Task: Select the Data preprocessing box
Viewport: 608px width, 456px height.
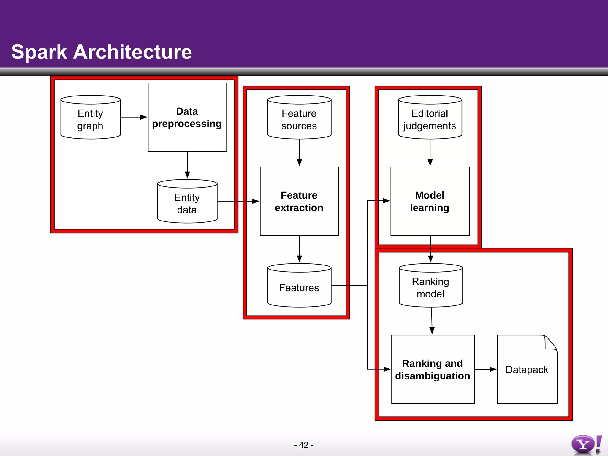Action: pyautogui.click(x=187, y=117)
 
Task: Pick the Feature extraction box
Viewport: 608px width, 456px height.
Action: pyautogui.click(x=299, y=201)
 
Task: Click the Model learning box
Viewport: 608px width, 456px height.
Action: pyautogui.click(x=430, y=201)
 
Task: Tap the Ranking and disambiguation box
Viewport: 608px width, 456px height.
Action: pyautogui.click(x=433, y=369)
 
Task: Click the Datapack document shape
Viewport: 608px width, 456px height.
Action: pyautogui.click(x=527, y=369)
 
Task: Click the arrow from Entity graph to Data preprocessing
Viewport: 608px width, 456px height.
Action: pyautogui.click(x=134, y=117)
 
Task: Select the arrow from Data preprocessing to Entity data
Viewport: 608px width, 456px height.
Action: pyautogui.click(x=187, y=165)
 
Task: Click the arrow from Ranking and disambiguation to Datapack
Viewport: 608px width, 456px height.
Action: pyautogui.click(x=485, y=369)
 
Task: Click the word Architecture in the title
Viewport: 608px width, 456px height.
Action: pyautogui.click(x=132, y=52)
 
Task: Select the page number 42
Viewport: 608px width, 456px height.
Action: pyautogui.click(x=304, y=445)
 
